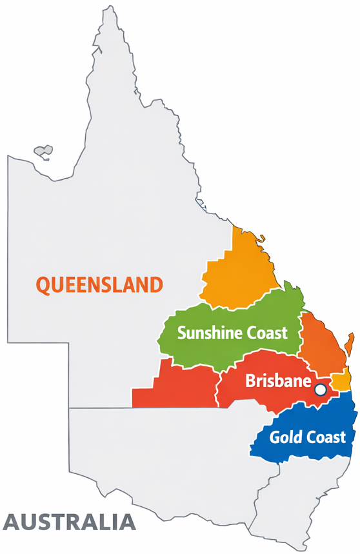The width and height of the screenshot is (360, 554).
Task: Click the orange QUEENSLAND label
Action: pos(99,284)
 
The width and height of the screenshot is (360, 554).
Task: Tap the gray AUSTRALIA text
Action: pos(70,521)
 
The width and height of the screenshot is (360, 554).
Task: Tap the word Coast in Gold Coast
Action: pos(326,437)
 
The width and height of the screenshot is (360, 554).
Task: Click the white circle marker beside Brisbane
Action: pos(320,390)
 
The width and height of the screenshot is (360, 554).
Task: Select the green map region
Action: pos(232,316)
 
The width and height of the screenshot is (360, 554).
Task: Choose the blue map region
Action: pos(303,419)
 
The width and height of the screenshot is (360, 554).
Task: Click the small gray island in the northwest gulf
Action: pos(43,152)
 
